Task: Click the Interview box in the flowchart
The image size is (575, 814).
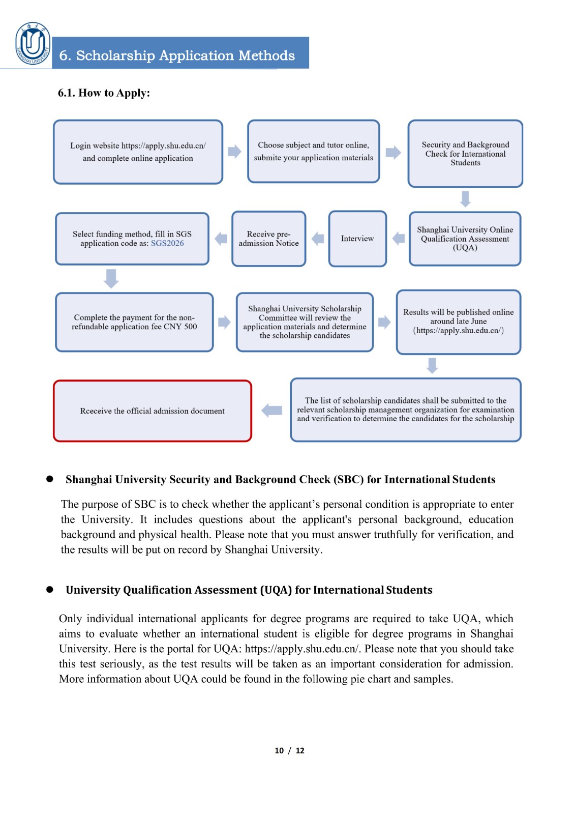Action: pos(357,239)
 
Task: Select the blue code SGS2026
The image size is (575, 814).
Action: pos(167,243)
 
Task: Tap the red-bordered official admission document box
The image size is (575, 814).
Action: pos(153,411)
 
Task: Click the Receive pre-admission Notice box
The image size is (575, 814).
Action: pos(268,239)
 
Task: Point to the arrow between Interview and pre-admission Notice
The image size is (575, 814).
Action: pos(318,239)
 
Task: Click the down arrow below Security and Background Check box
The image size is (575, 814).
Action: pos(465,199)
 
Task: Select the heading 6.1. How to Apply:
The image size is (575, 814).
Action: pos(104,93)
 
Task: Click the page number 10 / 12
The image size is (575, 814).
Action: pos(289,750)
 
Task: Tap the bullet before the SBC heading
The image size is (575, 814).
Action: pos(50,479)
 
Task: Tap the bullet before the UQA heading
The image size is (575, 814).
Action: pos(50,589)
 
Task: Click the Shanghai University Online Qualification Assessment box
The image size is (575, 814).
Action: pos(465,239)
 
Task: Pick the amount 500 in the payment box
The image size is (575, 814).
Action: pos(190,327)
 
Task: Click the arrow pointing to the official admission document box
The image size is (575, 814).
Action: pos(272,411)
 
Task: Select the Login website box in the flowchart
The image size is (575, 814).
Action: pos(138,152)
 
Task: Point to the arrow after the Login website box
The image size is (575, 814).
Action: pos(234,152)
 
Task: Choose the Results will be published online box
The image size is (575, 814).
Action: pos(458,322)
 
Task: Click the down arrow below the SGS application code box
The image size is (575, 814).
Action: pos(111,279)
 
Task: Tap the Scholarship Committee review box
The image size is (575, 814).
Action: pos(305,322)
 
